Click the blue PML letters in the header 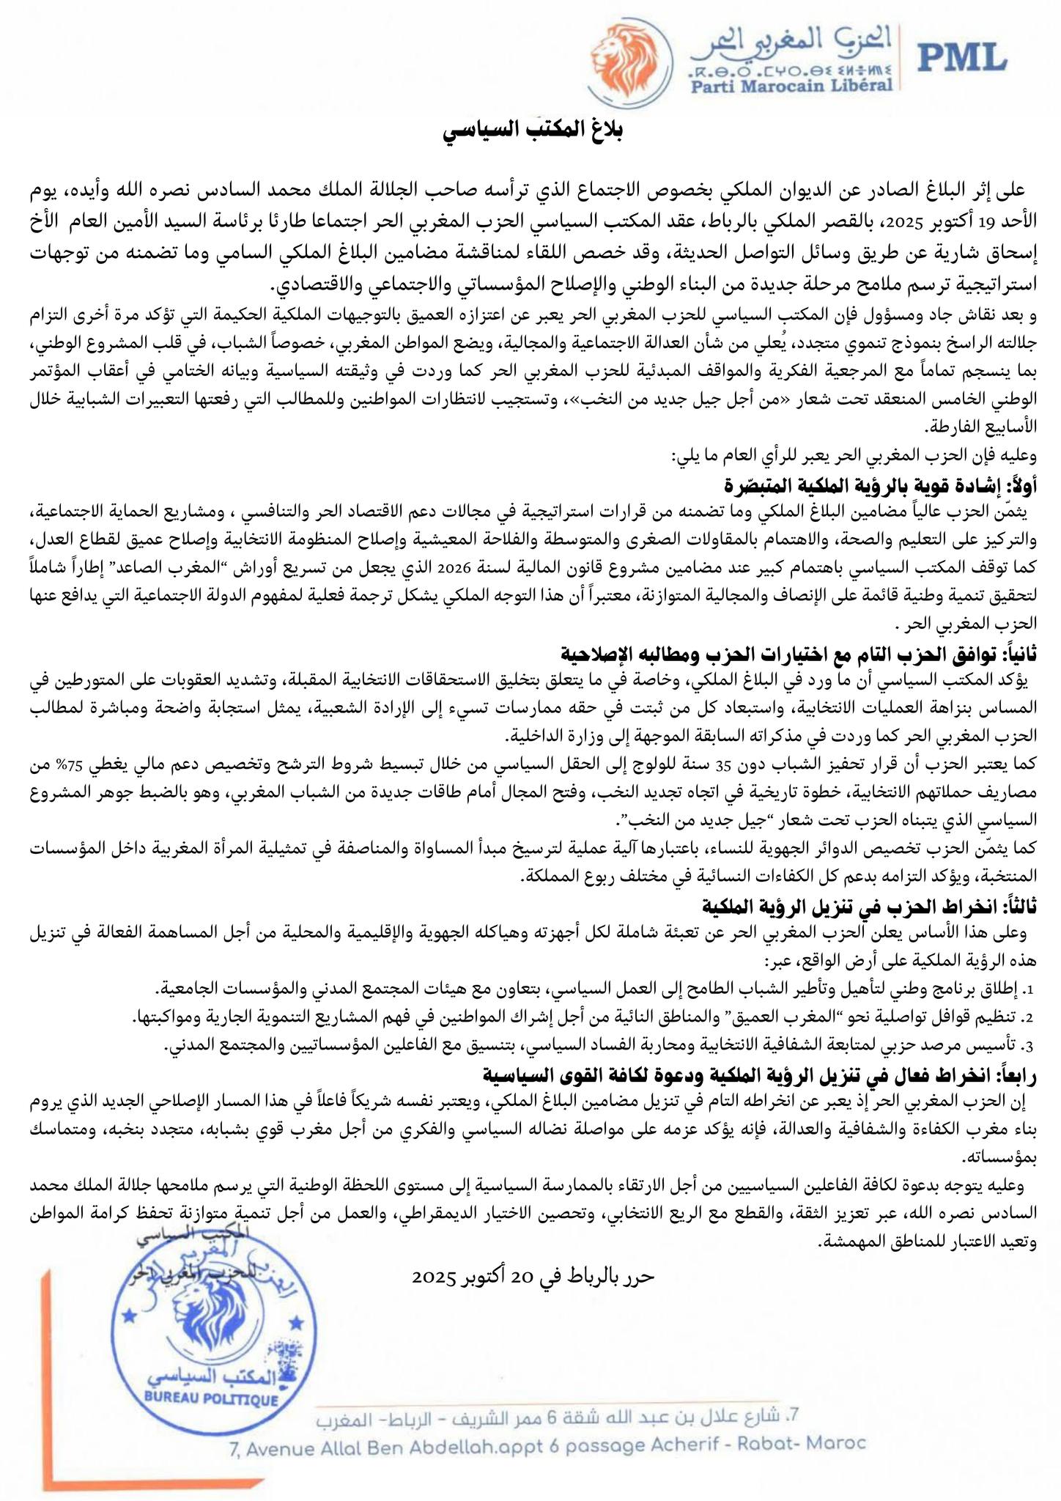(960, 57)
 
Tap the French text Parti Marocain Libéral (792, 85)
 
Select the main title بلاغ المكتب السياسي (533, 133)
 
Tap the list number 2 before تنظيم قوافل (1028, 1018)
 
